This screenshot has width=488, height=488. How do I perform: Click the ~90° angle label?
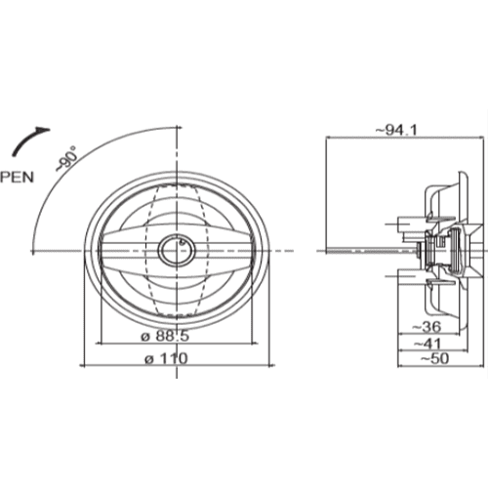pyautogui.click(x=68, y=159)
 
